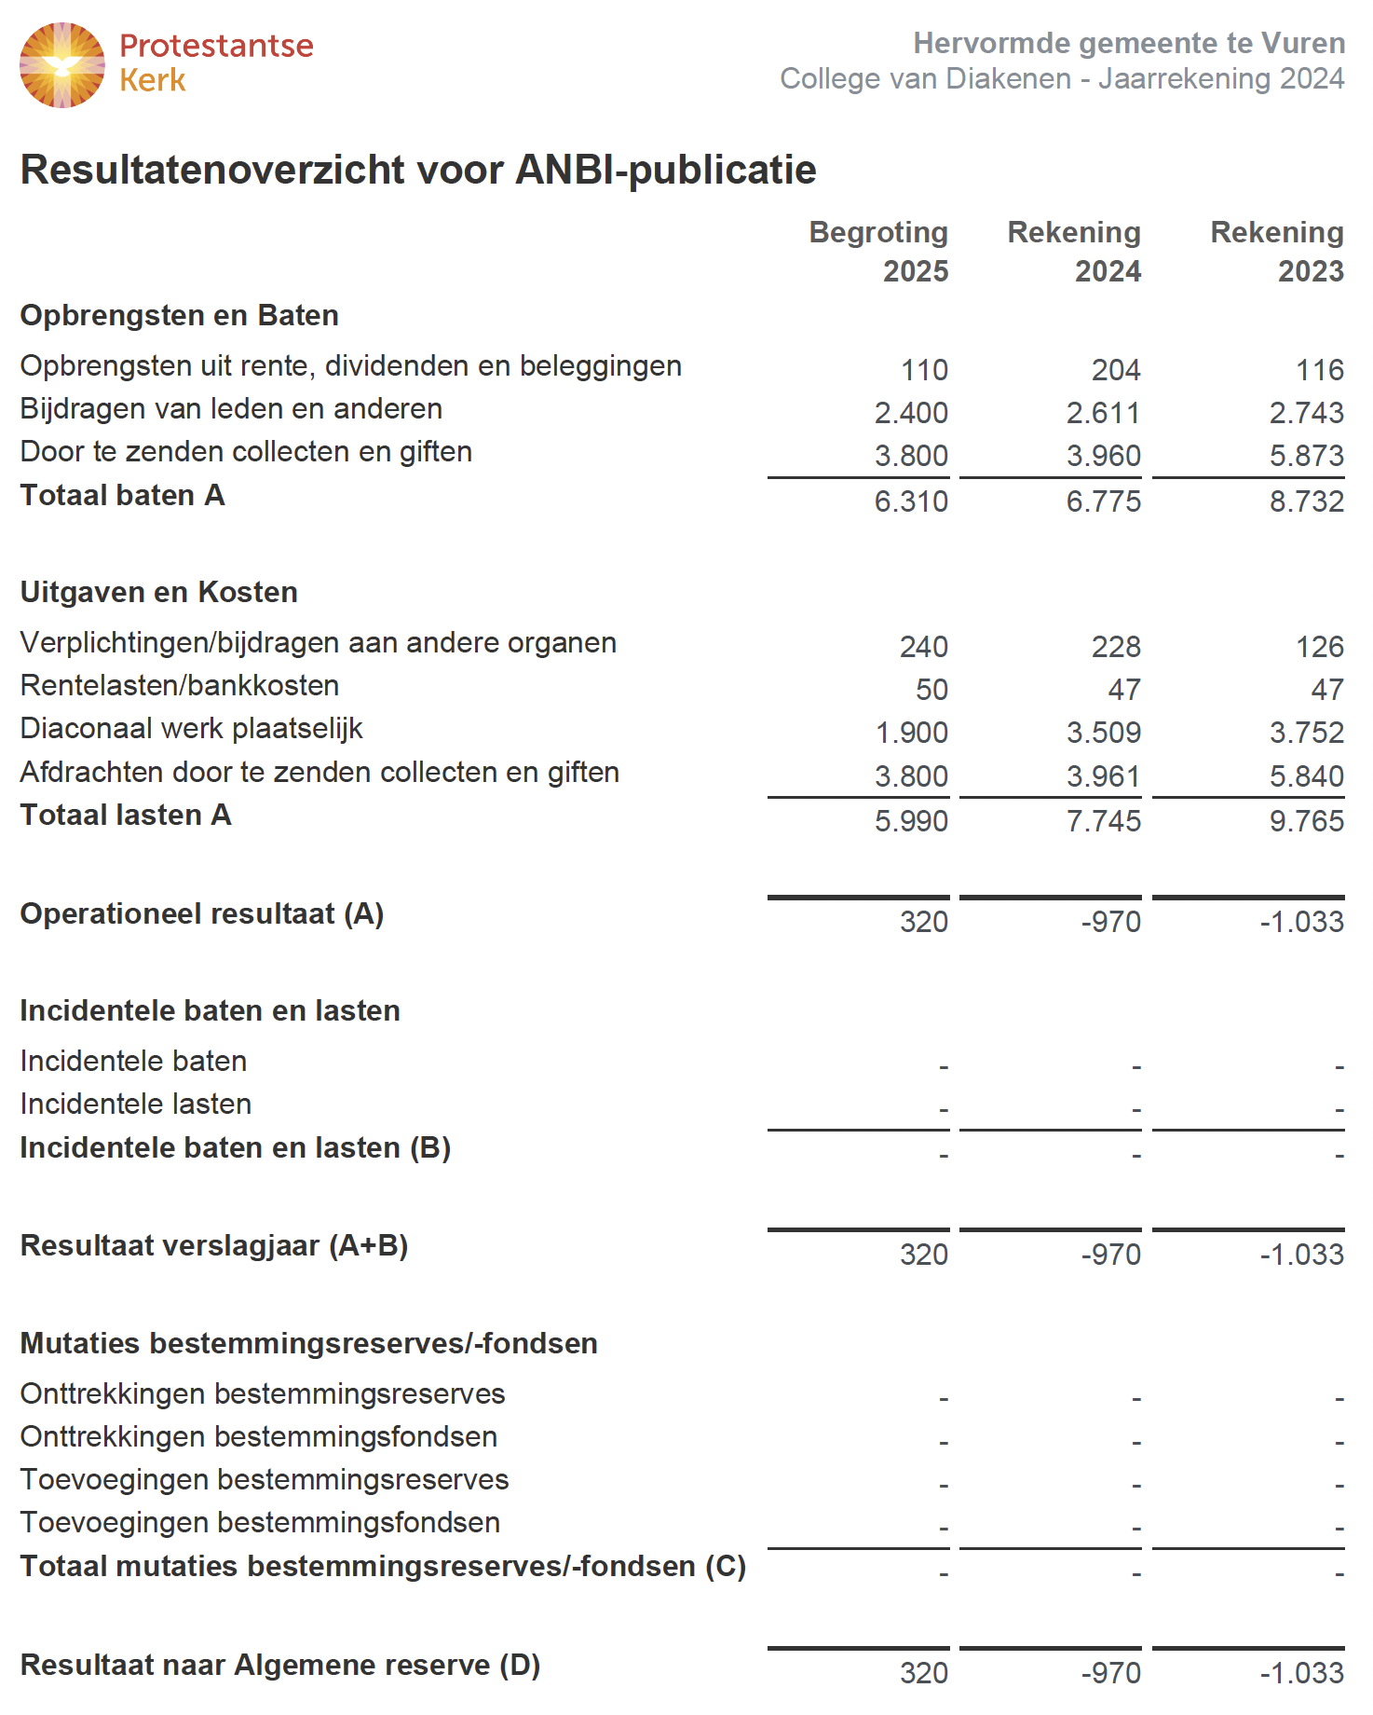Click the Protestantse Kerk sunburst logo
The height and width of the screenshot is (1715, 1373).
point(61,65)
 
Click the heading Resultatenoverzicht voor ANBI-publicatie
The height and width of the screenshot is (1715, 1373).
point(418,171)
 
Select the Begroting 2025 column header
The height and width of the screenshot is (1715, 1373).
point(878,252)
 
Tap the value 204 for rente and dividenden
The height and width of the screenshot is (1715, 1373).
point(1116,370)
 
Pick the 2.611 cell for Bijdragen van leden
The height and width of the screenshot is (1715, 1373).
point(1104,413)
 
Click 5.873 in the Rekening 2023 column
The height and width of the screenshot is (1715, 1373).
point(1306,456)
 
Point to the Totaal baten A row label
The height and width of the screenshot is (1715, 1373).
point(123,496)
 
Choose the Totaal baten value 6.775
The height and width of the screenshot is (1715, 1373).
point(1104,501)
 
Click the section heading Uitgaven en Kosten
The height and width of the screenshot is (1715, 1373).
point(159,592)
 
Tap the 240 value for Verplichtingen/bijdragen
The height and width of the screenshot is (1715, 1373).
point(924,647)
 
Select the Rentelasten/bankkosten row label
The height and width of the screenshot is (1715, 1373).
point(180,686)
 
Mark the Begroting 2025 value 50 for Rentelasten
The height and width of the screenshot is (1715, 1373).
point(931,690)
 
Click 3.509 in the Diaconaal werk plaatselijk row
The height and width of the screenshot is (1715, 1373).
point(1104,733)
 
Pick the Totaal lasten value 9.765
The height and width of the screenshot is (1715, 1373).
point(1306,821)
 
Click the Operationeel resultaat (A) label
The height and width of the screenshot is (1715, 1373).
point(202,914)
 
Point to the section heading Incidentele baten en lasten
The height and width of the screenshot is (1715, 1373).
point(211,1011)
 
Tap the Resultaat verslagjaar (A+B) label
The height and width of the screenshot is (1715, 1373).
point(214,1246)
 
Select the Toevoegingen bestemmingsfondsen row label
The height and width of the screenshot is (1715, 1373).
point(260,1523)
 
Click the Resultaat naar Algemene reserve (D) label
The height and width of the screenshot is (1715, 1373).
point(280,1666)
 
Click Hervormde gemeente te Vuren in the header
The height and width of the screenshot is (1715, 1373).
point(1129,43)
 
